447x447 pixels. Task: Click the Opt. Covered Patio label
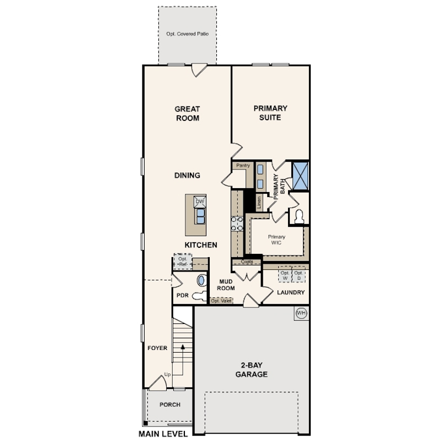point(187,34)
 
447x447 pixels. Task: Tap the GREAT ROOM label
point(187,114)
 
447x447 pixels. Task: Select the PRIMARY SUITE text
point(270,113)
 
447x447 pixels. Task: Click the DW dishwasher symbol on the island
point(200,201)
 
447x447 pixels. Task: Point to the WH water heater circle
point(301,313)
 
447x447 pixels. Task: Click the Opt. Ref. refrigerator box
point(183,262)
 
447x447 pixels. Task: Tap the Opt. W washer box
point(285,275)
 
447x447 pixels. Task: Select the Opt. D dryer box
point(299,275)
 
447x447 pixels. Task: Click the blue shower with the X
point(300,176)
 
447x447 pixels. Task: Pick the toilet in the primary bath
point(299,217)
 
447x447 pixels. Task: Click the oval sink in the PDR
point(201,280)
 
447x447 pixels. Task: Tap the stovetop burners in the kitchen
point(237,224)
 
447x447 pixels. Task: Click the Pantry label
point(243,166)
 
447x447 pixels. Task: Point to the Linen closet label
point(259,203)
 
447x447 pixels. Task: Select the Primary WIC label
point(276,240)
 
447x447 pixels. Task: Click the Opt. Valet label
point(221,301)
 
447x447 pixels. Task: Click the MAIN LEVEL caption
point(163,434)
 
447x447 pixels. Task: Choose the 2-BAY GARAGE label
point(252,370)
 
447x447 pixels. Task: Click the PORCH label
point(170,405)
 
